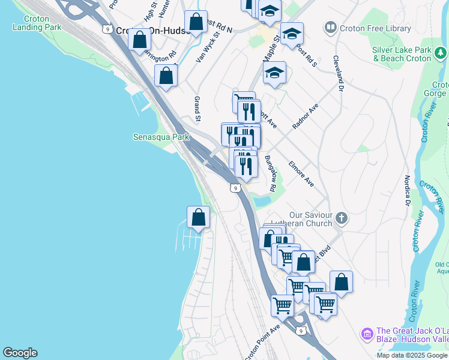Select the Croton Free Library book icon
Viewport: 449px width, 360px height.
pyautogui.click(x=330, y=27)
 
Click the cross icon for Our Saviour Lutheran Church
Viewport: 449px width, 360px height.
pyautogui.click(x=342, y=218)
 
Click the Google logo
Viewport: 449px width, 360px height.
pyautogui.click(x=20, y=353)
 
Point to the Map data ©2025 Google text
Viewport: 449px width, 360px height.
pyautogui.click(x=412, y=355)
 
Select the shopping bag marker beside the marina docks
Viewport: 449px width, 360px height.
pyautogui.click(x=198, y=218)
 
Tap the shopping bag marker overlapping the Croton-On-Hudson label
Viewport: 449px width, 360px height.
pyautogui.click(x=139, y=40)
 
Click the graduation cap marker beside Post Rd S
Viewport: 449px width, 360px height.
pyautogui.click(x=292, y=34)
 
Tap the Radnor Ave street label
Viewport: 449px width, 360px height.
pyautogui.click(x=304, y=116)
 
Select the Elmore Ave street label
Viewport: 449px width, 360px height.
pyautogui.click(x=301, y=173)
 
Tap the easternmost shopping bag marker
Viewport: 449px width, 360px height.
pyautogui.click(x=341, y=282)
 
